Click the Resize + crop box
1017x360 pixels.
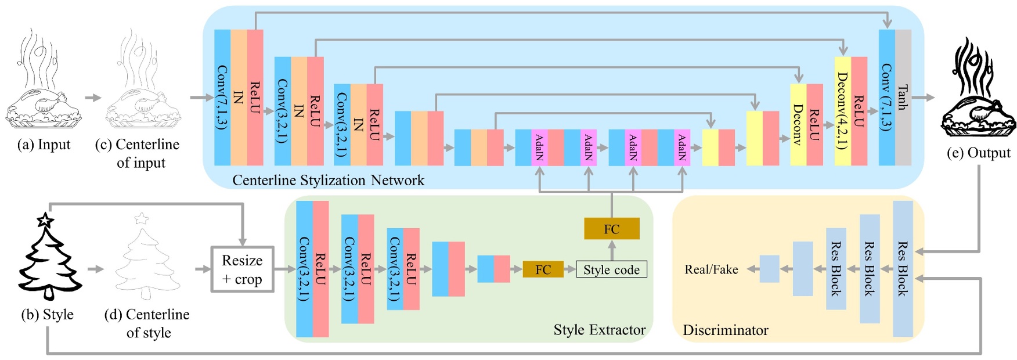(242, 269)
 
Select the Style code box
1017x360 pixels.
(611, 269)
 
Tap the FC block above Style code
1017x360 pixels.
(612, 229)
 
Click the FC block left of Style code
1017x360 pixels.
(543, 269)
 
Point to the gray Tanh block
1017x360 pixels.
(903, 98)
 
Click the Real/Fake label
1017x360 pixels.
(711, 269)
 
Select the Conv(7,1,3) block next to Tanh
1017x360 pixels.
(886, 98)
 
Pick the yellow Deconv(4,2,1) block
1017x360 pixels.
(842, 110)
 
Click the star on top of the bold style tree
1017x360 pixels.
(45, 220)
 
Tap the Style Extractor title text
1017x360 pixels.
(599, 330)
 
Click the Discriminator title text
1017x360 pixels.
(725, 330)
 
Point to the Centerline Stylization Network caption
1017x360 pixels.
(328, 180)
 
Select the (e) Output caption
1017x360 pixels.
(978, 153)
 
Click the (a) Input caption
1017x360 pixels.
(44, 145)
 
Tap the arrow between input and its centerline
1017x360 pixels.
(93, 98)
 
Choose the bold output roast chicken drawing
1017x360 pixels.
(978, 90)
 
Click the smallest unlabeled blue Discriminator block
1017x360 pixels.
(769, 269)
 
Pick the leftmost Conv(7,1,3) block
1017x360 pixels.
(222, 98)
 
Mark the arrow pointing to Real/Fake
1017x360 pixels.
(753, 269)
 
